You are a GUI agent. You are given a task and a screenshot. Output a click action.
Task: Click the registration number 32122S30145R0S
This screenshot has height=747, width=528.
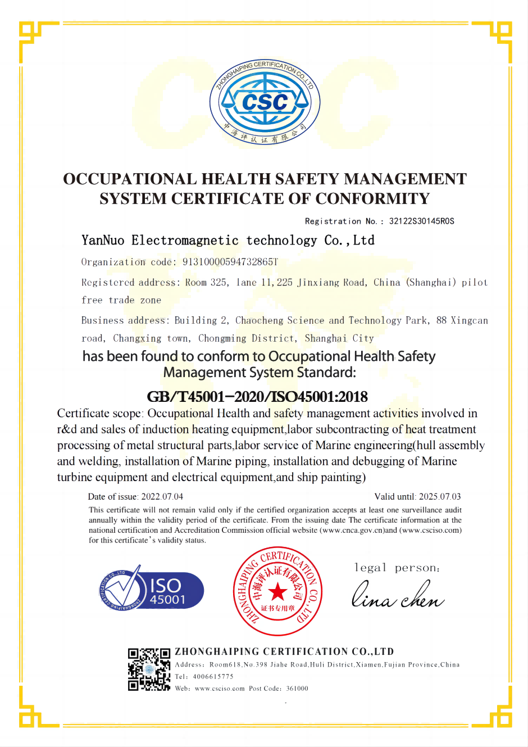[421, 221]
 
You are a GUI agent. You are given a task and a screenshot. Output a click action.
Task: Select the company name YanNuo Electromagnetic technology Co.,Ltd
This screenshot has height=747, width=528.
[228, 241]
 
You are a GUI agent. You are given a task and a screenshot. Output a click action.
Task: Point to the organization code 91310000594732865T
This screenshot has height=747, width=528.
[230, 262]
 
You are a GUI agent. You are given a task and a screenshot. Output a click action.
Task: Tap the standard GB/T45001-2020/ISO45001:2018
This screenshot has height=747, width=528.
[257, 397]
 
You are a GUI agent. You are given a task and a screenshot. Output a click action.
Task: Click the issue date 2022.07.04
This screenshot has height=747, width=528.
[162, 497]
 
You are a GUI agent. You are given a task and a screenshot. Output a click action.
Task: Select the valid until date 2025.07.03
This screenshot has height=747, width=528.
[440, 497]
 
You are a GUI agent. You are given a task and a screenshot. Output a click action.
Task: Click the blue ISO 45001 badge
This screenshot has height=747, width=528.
[152, 591]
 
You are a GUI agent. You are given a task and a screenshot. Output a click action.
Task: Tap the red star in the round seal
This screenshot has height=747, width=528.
[277, 591]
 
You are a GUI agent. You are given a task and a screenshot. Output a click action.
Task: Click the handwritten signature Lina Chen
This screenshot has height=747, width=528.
[398, 596]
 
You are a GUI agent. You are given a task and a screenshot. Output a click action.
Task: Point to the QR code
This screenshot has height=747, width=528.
[149, 669]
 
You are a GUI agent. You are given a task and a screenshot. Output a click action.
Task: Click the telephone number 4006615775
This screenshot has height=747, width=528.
[213, 677]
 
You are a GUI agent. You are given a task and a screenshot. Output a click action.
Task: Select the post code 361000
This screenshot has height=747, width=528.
[297, 689]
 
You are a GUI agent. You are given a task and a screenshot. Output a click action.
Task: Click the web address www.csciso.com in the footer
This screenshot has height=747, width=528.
[220, 689]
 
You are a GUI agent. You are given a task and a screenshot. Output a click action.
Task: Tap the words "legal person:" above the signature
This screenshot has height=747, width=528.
[397, 568]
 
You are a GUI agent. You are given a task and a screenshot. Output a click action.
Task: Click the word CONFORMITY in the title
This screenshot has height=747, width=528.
[372, 199]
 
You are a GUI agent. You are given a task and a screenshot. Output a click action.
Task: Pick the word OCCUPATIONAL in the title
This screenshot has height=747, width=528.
[130, 179]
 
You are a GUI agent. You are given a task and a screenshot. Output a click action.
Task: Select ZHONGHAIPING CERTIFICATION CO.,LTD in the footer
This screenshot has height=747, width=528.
[284, 652]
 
